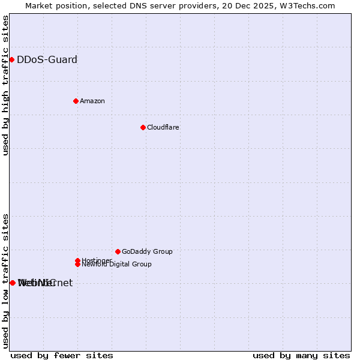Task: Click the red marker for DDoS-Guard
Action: tap(11, 59)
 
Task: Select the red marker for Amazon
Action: tap(76, 101)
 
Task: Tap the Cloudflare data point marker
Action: tap(143, 127)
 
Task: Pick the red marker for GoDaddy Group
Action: tap(118, 251)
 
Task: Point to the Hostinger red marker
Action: tap(77, 260)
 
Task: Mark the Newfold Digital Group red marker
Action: tap(77, 264)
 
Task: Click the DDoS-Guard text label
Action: tap(47, 59)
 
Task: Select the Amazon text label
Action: tap(92, 101)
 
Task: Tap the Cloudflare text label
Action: tap(163, 127)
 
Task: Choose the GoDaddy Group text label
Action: tap(147, 251)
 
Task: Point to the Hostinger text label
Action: tap(97, 260)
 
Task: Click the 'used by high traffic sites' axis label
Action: tap(5, 86)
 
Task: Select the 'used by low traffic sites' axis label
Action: tap(5, 281)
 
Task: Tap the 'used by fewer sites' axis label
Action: tap(62, 355)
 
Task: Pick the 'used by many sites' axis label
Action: tap(301, 355)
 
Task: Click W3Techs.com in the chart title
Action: tap(310, 5)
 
